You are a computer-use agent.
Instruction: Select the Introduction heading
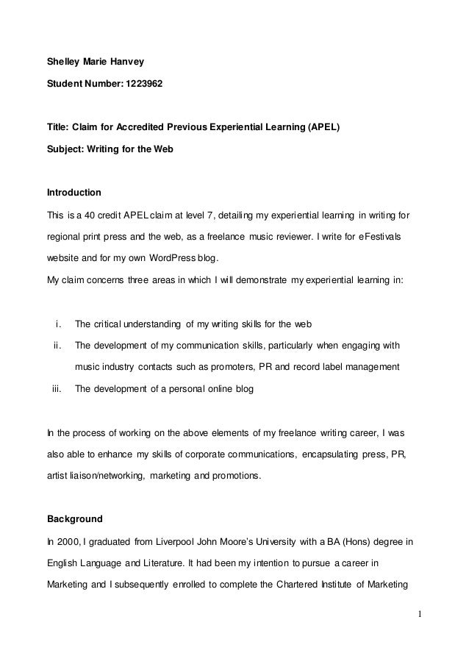pos(74,193)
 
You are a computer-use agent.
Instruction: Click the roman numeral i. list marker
pos(58,324)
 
